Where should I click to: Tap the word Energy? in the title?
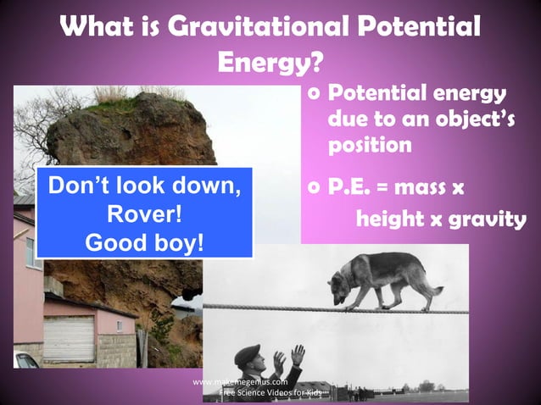tap(270, 63)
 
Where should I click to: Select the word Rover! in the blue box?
tap(144, 212)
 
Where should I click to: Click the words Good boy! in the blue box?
tap(144, 241)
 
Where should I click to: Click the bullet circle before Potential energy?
tap(315, 92)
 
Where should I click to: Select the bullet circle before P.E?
tap(315, 186)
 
